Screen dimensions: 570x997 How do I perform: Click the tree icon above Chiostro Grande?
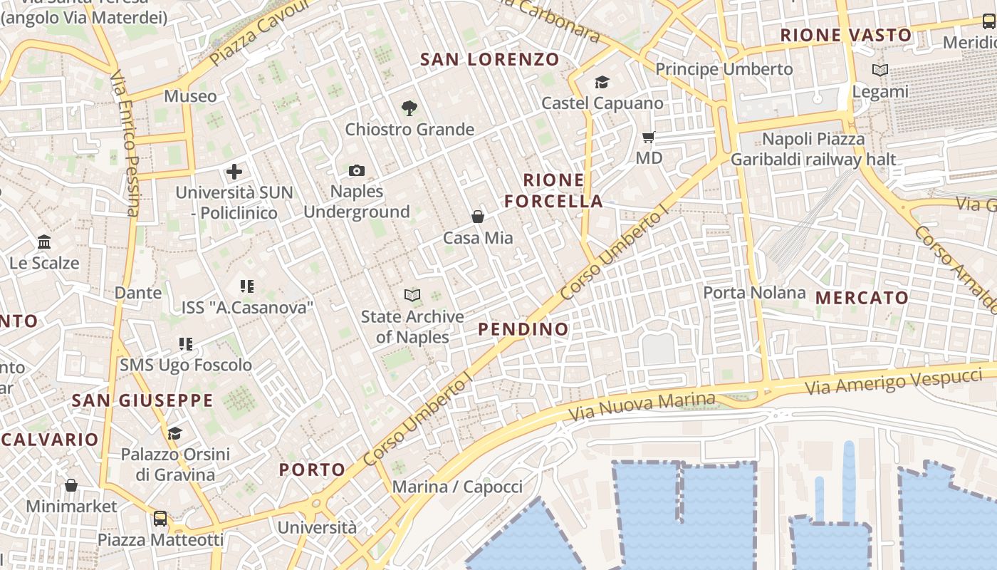point(409,108)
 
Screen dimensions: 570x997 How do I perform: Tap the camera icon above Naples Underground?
point(357,170)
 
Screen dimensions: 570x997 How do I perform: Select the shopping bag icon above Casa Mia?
point(478,217)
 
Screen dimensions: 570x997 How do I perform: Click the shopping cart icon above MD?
point(648,137)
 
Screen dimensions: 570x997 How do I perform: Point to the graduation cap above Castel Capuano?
point(602,83)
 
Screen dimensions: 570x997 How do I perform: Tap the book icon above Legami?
point(880,70)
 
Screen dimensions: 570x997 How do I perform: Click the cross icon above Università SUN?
point(234,172)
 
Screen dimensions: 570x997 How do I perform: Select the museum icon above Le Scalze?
point(44,242)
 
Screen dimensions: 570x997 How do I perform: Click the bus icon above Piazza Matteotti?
point(160,519)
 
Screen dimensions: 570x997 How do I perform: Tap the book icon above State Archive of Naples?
point(412,295)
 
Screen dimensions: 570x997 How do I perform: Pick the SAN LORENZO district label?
point(490,59)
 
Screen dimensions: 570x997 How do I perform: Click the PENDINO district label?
point(523,329)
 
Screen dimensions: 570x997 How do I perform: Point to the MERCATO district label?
point(862,298)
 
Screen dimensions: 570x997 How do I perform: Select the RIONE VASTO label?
point(846,35)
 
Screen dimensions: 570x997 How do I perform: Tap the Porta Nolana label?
point(754,293)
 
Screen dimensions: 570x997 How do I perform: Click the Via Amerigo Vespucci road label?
point(894,381)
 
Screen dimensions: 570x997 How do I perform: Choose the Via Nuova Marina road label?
point(642,405)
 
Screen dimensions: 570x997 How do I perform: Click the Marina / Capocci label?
point(457,487)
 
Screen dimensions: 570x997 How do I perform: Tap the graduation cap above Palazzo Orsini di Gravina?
point(174,433)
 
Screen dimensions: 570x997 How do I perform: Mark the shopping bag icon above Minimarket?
point(71,486)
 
